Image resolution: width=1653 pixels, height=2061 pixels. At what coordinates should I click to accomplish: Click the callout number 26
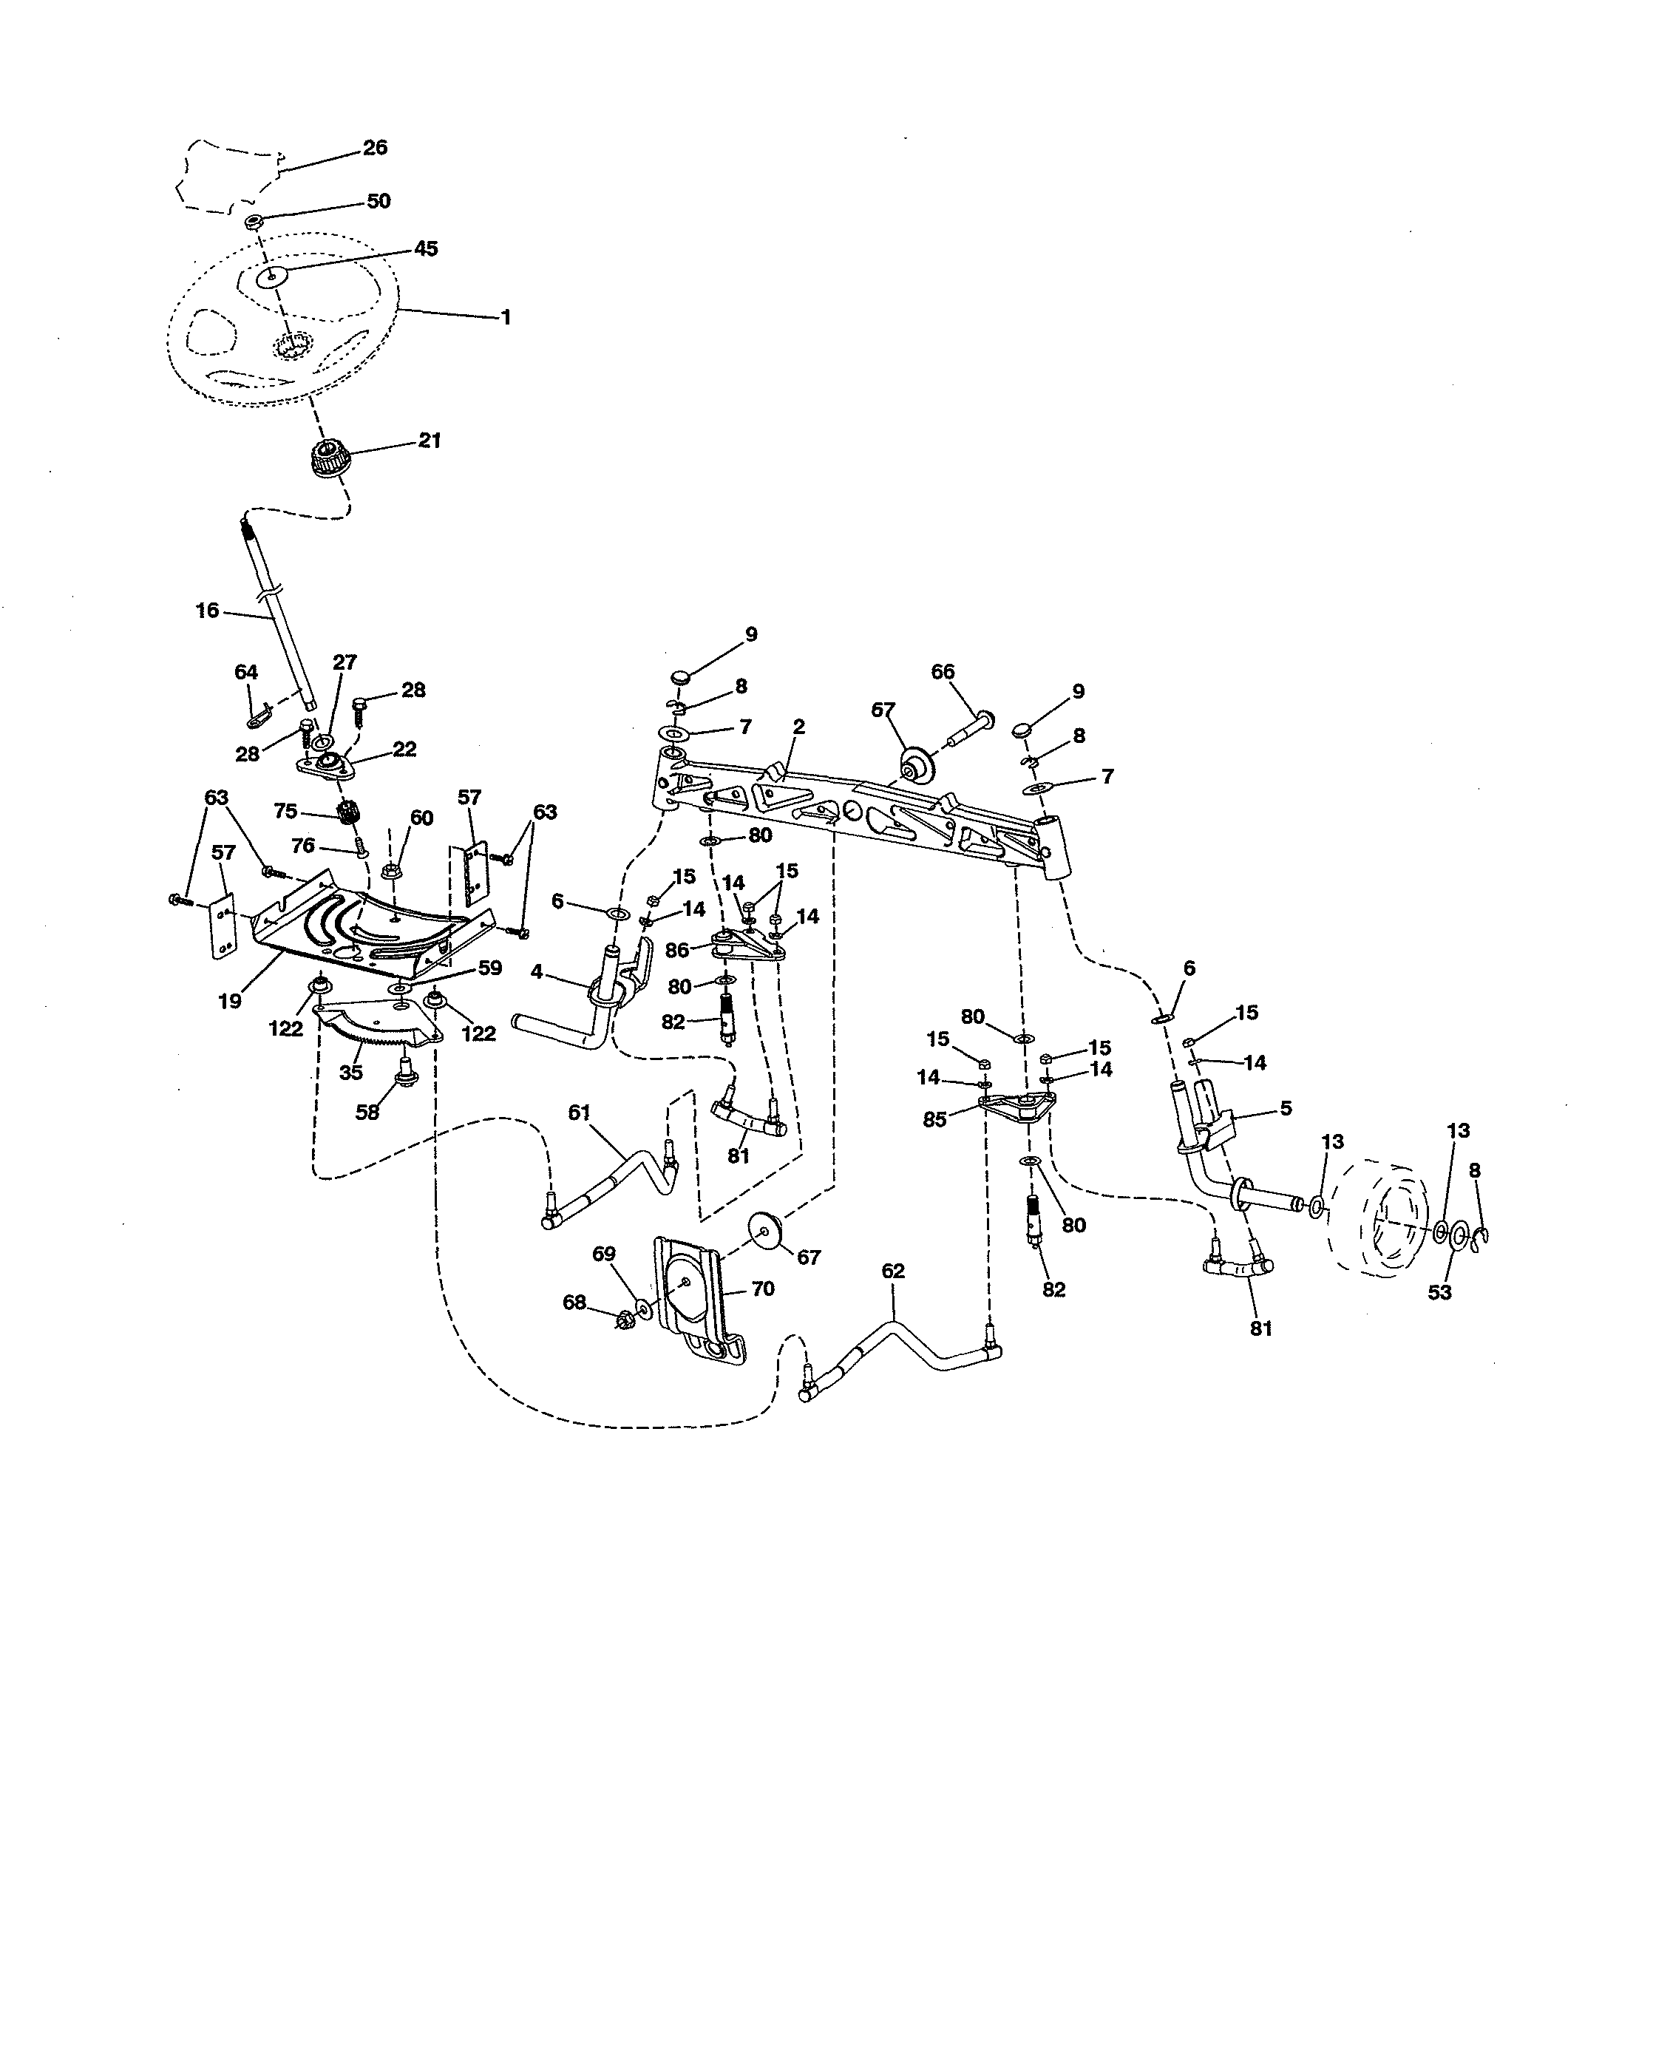tap(375, 147)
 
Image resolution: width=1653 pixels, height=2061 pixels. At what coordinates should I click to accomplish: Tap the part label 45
tap(425, 248)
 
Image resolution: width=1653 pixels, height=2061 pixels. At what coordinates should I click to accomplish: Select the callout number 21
tap(430, 440)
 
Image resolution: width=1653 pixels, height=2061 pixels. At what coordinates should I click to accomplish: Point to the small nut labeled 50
tap(254, 222)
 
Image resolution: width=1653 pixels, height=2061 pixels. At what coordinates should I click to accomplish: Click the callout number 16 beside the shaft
tap(206, 610)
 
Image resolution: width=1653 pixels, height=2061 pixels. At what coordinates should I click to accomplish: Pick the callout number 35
tap(351, 1073)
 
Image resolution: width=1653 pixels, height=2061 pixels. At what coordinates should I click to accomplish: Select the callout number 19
tap(229, 1001)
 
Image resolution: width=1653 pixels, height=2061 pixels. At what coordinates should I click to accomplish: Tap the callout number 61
tap(580, 1112)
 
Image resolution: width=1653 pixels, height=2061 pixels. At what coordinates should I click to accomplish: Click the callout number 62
tap(892, 1271)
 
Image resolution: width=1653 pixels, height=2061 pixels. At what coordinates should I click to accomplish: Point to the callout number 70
tap(762, 1288)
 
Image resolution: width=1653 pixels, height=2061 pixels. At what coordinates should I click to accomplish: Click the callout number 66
tap(943, 672)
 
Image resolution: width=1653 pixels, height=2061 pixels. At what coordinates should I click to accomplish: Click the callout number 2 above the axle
tap(798, 727)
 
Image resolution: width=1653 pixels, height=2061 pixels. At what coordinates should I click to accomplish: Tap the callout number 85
tap(934, 1118)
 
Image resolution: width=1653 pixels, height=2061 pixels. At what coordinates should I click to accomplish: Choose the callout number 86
tap(677, 949)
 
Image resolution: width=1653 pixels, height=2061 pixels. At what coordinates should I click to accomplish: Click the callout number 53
tap(1439, 1292)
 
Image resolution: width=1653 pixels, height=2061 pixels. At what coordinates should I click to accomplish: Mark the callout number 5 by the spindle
tap(1285, 1108)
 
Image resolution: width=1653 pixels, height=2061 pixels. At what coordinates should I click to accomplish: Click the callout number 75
tap(285, 811)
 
